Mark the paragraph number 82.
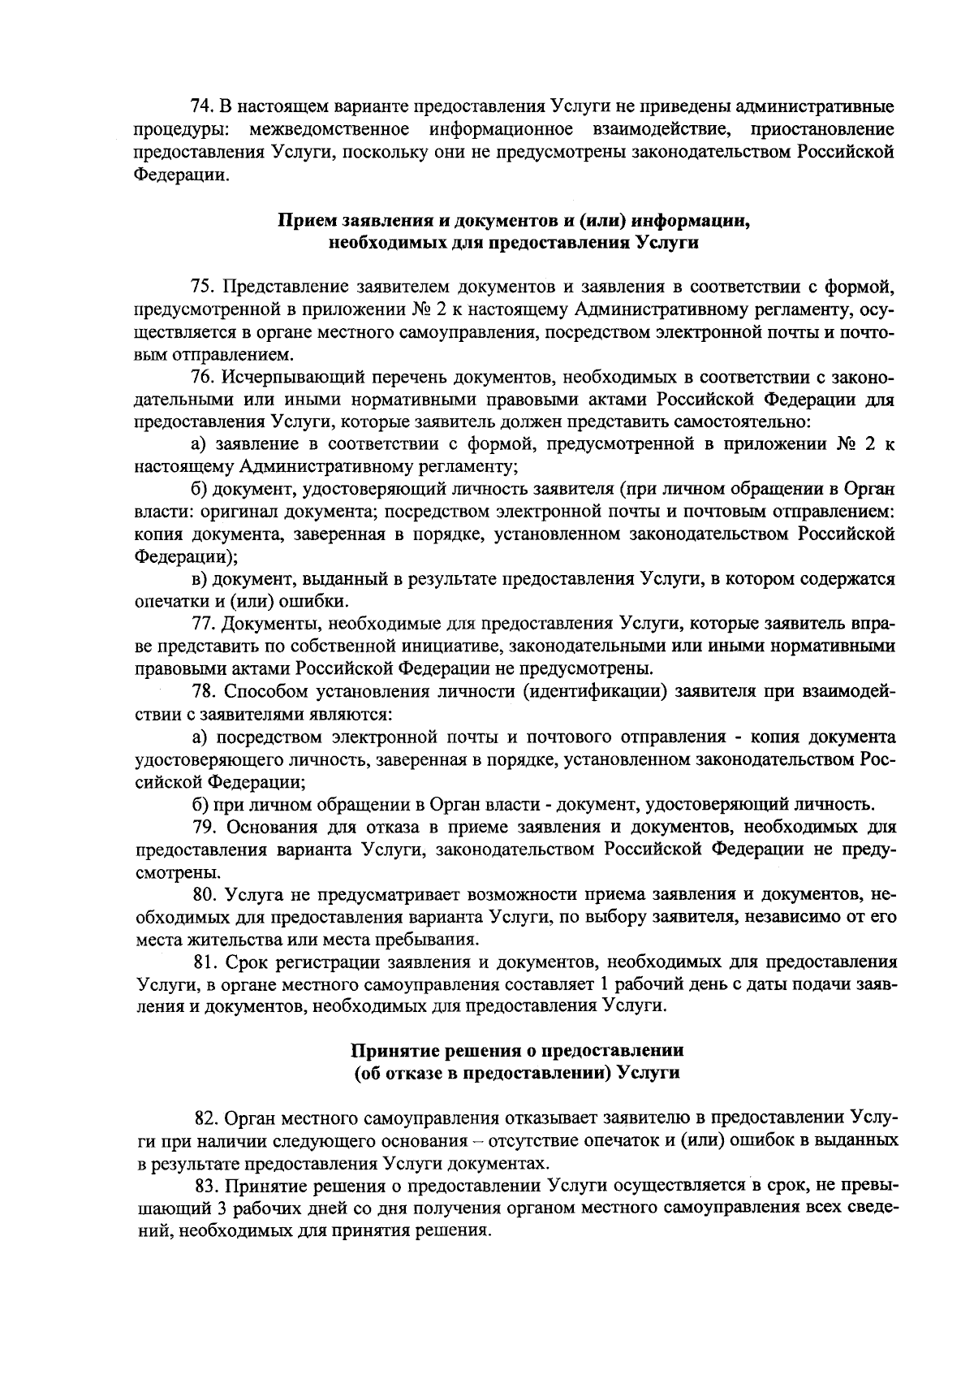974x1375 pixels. pos(209,1118)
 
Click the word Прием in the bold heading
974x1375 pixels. pos(304,220)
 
